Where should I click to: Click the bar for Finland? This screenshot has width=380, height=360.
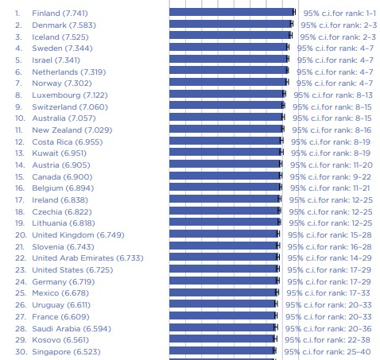(x=232, y=12)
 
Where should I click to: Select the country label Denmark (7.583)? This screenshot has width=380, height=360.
(x=64, y=25)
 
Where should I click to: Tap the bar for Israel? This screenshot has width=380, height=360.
(x=229, y=59)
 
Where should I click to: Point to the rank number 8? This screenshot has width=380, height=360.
(x=18, y=95)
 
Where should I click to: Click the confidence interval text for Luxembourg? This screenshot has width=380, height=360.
(x=333, y=95)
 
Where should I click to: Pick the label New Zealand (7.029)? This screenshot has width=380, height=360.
(x=72, y=130)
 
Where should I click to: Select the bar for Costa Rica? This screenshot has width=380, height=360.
(x=226, y=141)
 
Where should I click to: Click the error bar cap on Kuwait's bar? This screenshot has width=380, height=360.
(x=281, y=152)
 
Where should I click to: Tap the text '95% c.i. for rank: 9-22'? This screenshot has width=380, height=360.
(x=331, y=177)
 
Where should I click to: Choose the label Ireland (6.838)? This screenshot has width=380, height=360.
(x=60, y=200)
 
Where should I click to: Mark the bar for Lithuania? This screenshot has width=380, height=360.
(x=224, y=222)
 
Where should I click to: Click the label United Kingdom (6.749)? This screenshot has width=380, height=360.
(x=78, y=235)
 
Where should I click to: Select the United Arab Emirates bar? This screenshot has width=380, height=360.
(x=223, y=257)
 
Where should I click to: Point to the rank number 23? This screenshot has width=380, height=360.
(x=21, y=270)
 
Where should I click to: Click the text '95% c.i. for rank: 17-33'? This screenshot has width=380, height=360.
(x=328, y=293)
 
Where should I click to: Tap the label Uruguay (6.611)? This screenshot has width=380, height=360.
(x=61, y=305)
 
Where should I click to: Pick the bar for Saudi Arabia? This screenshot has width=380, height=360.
(x=223, y=327)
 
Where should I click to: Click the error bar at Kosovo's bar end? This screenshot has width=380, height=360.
(x=275, y=339)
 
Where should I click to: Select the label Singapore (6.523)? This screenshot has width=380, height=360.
(x=66, y=352)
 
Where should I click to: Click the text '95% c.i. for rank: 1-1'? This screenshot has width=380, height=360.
(x=339, y=14)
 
